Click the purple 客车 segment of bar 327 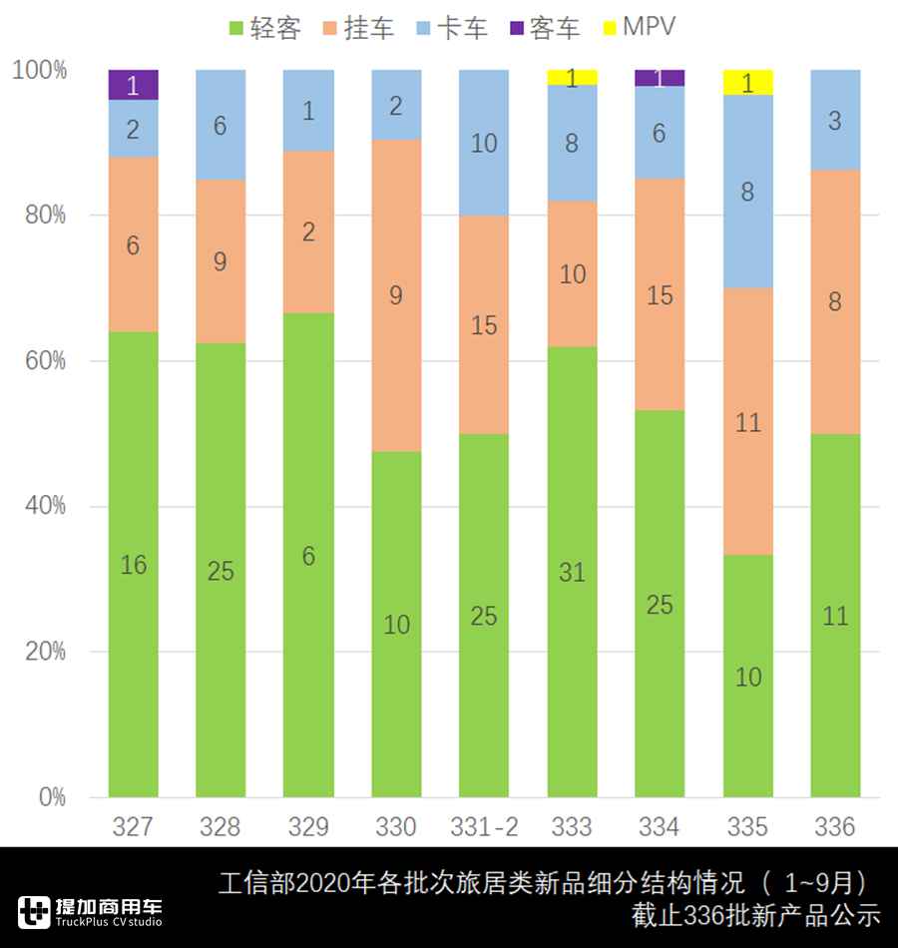pyautogui.click(x=133, y=84)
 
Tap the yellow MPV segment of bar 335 pyautogui.click(x=747, y=82)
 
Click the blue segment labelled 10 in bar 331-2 pyautogui.click(x=484, y=143)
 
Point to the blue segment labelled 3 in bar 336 pyautogui.click(x=835, y=120)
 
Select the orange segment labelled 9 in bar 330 pyautogui.click(x=396, y=295)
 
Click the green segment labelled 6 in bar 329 pyautogui.click(x=308, y=555)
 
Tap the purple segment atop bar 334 pyautogui.click(x=660, y=78)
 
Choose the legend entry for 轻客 pyautogui.click(x=264, y=28)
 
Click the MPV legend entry pyautogui.click(x=638, y=28)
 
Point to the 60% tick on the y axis pyautogui.click(x=46, y=360)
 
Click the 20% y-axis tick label pyautogui.click(x=46, y=652)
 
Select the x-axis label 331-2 pyautogui.click(x=484, y=826)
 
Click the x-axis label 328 pyautogui.click(x=221, y=826)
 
